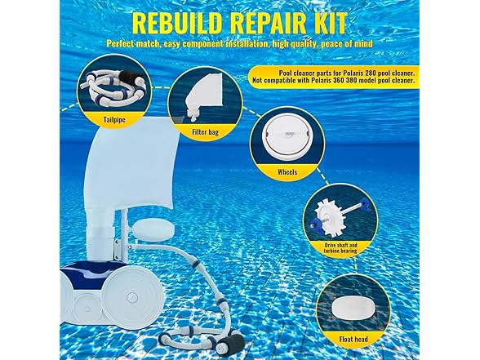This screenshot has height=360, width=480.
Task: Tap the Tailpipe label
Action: (114, 118)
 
